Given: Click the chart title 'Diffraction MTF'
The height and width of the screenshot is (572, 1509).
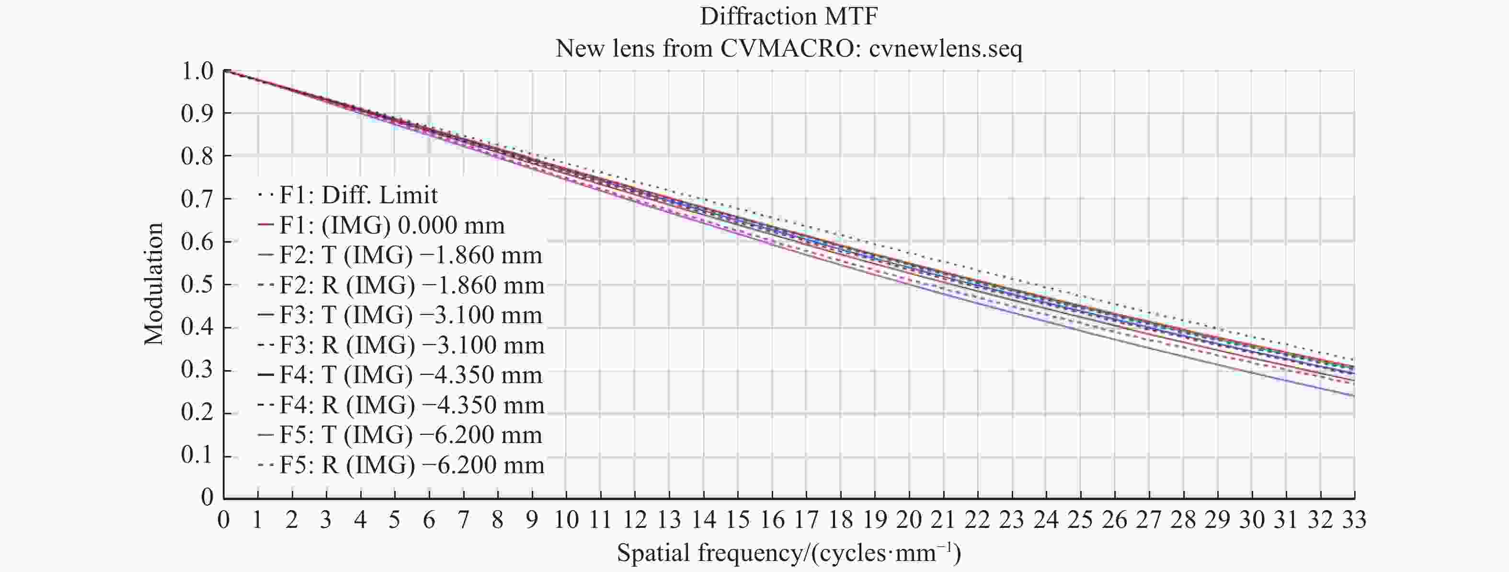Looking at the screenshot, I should tap(789, 16).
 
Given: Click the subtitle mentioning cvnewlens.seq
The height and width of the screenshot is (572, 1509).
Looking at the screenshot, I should tap(789, 48).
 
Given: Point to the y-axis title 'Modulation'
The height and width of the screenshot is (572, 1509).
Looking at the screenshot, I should tap(153, 284).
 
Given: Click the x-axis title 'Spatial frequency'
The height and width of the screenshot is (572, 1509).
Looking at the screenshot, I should tap(789, 553).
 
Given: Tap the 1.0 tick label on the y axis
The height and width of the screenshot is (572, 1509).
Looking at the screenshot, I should tap(197, 71).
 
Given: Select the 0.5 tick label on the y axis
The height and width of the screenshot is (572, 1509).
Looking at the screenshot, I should tap(197, 285).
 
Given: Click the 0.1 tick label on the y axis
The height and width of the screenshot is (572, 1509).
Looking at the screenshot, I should tap(197, 455).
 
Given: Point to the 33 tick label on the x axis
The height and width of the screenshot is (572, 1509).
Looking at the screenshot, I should tap(1354, 520).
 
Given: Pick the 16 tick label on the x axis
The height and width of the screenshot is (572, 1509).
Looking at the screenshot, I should tap(772, 520).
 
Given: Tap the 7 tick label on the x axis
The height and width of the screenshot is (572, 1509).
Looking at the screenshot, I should tap(463, 520).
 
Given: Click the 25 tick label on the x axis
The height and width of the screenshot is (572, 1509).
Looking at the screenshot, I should tap(1080, 520).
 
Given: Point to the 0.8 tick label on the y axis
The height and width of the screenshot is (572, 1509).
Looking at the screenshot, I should tap(197, 156).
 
